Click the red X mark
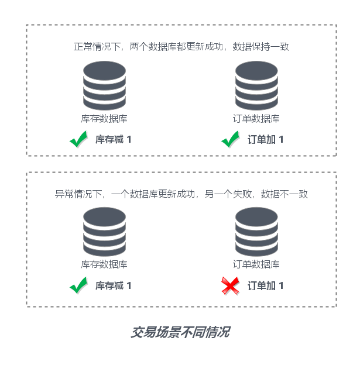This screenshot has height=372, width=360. coord(229,285)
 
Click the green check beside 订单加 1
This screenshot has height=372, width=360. coord(230,139)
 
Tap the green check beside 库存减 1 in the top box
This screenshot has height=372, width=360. coord(78,139)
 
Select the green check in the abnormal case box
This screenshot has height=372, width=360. coord(78,285)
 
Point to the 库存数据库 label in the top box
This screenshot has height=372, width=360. coord(104,119)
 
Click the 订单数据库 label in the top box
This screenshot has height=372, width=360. coord(256,119)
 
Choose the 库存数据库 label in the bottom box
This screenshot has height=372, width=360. coord(104,264)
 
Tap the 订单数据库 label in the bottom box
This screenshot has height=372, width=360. coord(256,264)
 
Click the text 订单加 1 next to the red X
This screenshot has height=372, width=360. coord(265,285)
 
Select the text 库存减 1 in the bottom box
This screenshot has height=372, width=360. coord(114,285)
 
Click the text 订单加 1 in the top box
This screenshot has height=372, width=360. coord(265,139)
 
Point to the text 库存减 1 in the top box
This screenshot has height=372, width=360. coord(114,139)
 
